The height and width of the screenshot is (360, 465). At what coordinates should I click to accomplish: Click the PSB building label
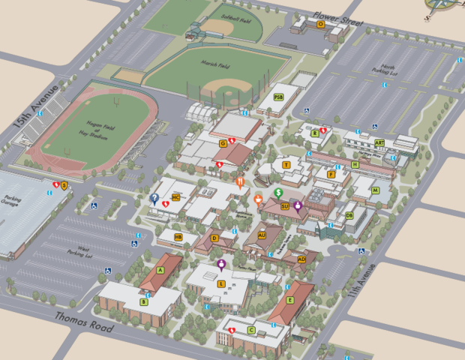[278, 97]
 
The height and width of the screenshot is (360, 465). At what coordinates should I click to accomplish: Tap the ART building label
[379, 142]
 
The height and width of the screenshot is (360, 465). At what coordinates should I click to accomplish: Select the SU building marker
[285, 205]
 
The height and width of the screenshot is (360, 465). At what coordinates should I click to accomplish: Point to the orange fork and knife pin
[239, 181]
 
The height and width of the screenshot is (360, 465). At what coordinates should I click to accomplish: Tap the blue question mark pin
[154, 198]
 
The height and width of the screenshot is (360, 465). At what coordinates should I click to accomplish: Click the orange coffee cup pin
[258, 199]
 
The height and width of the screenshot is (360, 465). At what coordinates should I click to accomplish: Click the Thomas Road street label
[83, 322]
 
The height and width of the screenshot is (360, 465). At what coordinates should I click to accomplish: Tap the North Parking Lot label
[388, 70]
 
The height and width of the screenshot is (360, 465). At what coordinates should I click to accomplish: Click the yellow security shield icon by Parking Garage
[64, 185]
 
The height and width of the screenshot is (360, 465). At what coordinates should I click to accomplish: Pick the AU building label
[262, 235]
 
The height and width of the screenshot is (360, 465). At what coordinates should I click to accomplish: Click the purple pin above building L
[221, 264]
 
